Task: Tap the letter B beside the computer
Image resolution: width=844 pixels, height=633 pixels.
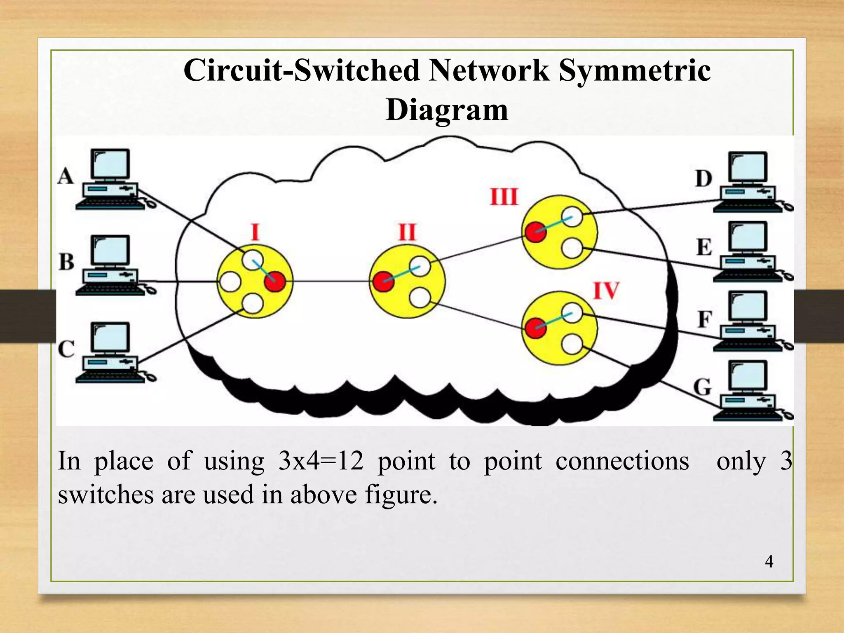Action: tap(66, 262)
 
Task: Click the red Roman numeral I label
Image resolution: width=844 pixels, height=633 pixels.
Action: tap(255, 232)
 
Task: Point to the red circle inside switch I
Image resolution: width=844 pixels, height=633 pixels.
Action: tap(275, 282)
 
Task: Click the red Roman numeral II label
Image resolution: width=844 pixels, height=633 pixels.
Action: tap(407, 232)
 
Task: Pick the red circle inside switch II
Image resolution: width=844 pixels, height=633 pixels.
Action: tap(383, 281)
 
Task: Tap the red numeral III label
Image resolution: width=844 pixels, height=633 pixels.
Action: tap(504, 197)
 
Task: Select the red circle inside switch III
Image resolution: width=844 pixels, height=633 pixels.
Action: tap(535, 232)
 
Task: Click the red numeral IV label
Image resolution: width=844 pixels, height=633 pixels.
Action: tap(606, 291)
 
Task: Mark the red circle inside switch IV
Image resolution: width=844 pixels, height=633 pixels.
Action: tap(535, 328)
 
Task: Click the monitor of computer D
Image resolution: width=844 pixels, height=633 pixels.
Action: tap(748, 167)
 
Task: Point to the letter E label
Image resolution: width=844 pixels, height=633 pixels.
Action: tap(704, 247)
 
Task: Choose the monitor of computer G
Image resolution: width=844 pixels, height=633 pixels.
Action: tap(748, 375)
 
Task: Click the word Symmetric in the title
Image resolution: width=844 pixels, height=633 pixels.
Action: tap(634, 70)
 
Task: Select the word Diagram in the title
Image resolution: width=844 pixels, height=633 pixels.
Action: tap(447, 110)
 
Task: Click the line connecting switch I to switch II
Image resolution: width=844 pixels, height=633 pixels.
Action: tap(330, 281)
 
